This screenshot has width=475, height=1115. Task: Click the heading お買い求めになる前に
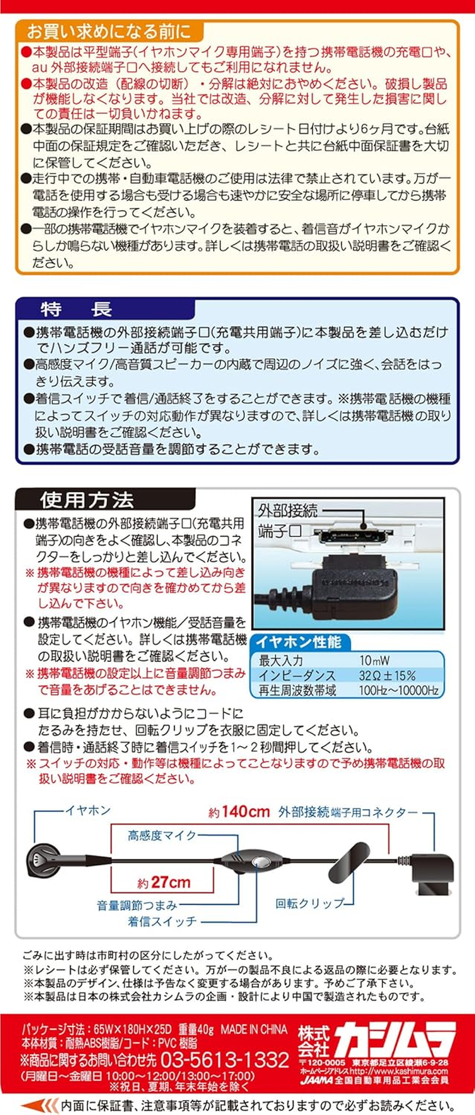click(109, 31)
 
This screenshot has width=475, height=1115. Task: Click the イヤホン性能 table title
click(299, 642)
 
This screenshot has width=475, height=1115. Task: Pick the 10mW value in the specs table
click(375, 660)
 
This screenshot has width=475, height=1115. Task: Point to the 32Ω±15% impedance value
click(387, 675)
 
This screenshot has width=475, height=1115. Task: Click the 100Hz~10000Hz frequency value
click(398, 690)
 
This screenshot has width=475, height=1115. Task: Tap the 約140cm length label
click(239, 812)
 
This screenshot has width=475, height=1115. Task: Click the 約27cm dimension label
click(164, 883)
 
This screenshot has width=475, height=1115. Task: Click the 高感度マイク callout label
click(161, 835)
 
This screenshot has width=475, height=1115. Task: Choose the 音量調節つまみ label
click(137, 905)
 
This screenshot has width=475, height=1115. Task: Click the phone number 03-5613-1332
click(224, 1059)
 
